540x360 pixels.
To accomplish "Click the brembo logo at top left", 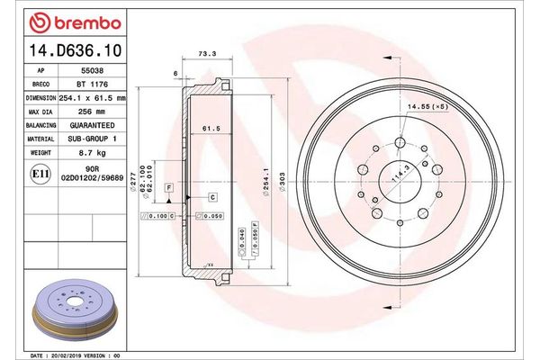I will [69, 21].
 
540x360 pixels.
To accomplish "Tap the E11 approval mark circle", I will [40, 173].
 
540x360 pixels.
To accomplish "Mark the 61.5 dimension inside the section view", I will [212, 128].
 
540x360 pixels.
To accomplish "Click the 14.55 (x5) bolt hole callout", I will [428, 107].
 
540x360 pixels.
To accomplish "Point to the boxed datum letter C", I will [213, 196].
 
